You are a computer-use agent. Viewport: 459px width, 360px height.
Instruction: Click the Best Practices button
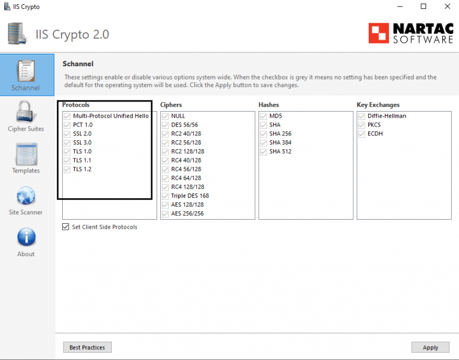point(87,347)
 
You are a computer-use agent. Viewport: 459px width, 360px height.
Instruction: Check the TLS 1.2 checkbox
point(67,170)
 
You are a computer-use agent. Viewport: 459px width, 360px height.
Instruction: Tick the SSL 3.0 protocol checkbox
point(67,143)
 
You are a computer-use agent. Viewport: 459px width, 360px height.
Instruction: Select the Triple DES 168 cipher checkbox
point(165,196)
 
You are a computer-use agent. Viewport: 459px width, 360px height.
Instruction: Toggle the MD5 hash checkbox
point(263,116)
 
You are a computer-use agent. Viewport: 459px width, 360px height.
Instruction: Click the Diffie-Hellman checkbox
point(361,116)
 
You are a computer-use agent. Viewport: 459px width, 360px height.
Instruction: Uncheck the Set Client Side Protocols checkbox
point(66,227)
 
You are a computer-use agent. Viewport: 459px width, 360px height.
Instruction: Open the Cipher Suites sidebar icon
point(26,112)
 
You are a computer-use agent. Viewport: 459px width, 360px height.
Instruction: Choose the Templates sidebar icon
point(26,153)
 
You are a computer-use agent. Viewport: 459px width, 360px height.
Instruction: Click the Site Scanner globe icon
point(26,195)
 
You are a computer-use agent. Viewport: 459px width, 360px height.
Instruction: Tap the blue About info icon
point(26,237)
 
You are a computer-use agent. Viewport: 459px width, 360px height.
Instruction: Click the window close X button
point(445,7)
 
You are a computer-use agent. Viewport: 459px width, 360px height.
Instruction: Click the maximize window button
point(423,7)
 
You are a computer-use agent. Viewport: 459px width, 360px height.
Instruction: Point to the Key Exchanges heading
point(378,105)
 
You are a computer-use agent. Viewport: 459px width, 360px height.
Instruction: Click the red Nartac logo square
point(378,33)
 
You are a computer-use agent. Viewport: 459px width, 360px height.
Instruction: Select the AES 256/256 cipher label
point(187,214)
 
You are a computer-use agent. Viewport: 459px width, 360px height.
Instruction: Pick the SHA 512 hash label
point(280,152)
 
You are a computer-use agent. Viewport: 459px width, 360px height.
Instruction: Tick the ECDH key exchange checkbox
point(361,134)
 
